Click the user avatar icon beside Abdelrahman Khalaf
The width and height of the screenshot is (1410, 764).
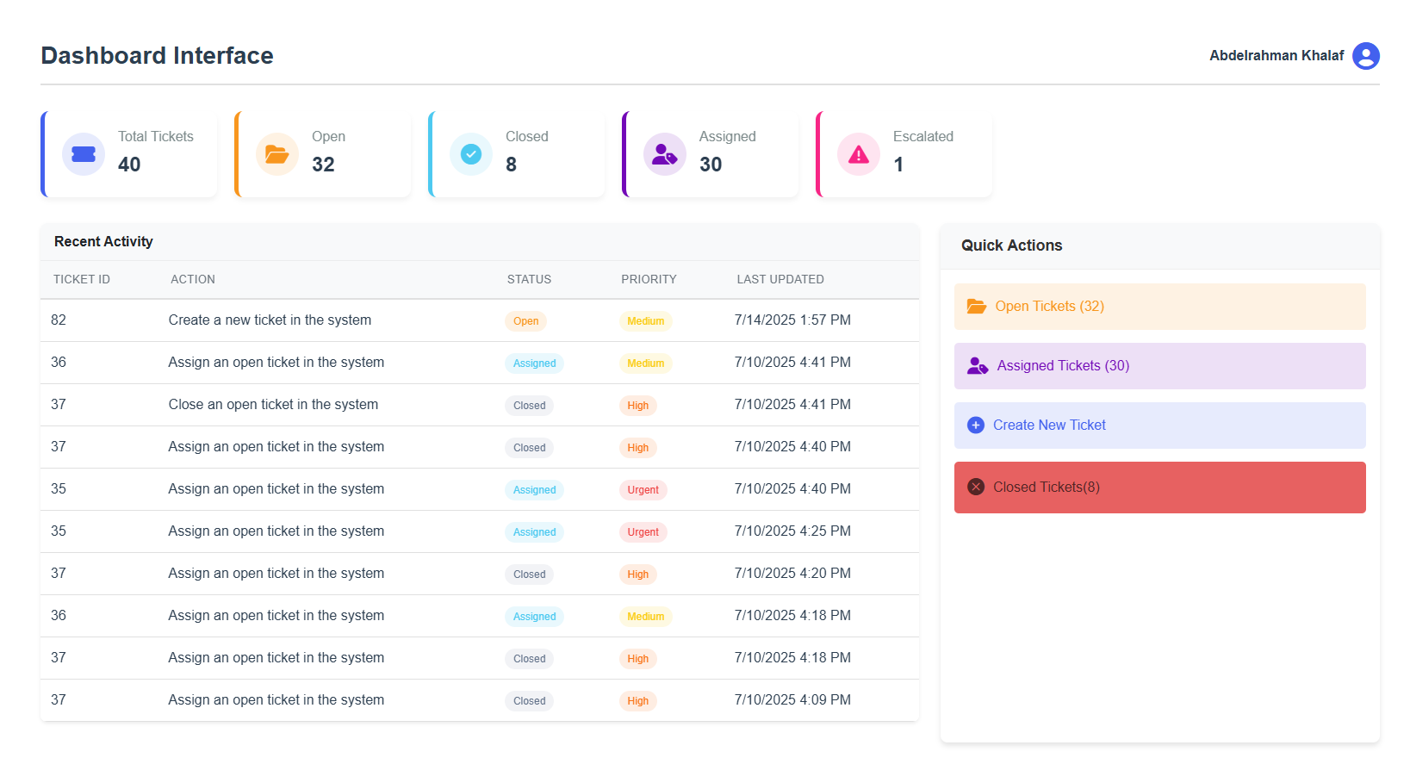[1365, 56]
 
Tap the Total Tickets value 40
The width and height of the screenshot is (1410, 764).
[129, 165]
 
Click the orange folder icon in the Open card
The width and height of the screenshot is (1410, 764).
[276, 154]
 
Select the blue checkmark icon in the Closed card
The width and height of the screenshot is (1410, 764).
[470, 154]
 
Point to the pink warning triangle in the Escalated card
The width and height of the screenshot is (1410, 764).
[858, 154]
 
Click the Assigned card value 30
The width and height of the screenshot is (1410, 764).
[711, 165]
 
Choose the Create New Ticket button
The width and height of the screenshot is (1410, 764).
[1158, 425]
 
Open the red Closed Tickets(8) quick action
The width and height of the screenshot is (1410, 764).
[1158, 488]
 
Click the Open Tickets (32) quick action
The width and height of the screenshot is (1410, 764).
[1158, 307]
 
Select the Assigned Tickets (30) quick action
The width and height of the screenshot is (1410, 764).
[1158, 366]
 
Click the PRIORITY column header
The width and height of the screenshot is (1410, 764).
[649, 280]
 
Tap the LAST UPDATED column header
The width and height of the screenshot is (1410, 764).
[780, 280]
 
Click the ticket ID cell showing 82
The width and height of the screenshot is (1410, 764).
[59, 320]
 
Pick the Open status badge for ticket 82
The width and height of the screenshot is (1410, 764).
[525, 321]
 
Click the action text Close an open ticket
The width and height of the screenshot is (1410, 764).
[273, 405]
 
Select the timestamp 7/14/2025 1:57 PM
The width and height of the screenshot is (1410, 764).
[792, 320]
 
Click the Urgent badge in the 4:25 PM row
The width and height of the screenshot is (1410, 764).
[643, 532]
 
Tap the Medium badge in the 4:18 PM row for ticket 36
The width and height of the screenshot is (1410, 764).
[645, 617]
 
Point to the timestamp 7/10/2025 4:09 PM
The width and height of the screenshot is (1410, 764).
[792, 700]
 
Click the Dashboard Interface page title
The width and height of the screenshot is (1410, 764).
[157, 56]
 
